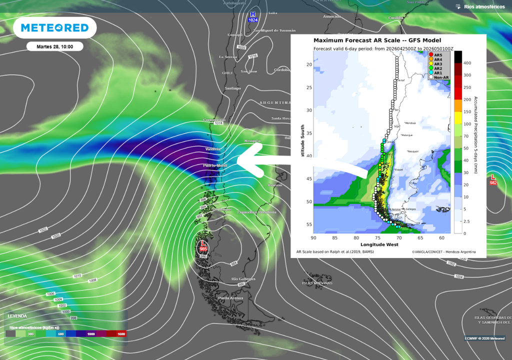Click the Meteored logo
point(55,28)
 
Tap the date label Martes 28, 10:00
point(54,46)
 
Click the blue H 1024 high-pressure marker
point(253,16)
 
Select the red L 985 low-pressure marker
point(203,245)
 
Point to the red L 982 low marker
point(493,179)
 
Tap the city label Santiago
point(233,88)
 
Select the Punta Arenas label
point(230,298)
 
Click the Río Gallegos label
point(243,278)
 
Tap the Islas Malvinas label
point(317,283)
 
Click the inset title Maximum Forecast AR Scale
point(377,40)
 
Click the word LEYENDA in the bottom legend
point(17,316)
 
